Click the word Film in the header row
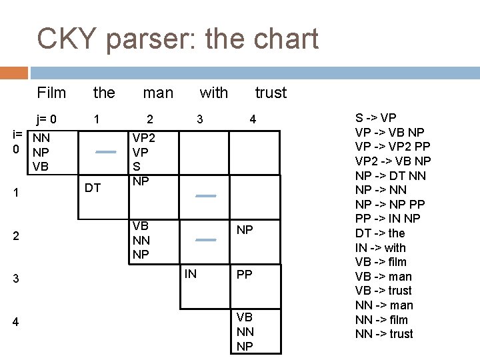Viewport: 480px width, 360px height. tap(51, 93)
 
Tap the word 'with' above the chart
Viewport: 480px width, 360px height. tap(213, 93)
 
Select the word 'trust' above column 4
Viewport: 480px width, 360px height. tap(271, 93)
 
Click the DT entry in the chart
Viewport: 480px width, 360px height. tap(94, 188)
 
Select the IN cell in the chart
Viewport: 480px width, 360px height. tap(191, 273)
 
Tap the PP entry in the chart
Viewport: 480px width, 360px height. tap(245, 274)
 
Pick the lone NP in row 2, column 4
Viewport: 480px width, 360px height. tap(245, 230)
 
